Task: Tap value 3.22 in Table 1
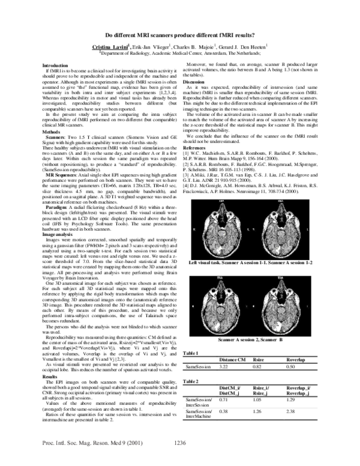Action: point(225,366)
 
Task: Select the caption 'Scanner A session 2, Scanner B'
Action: point(250,340)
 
